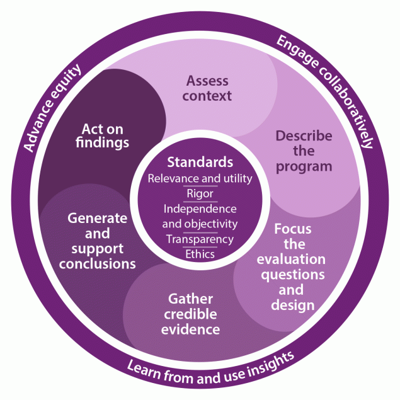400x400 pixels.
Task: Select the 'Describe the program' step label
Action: tap(303, 151)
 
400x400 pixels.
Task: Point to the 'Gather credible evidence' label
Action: tap(190, 313)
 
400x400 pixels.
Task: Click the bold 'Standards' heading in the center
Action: tap(200, 163)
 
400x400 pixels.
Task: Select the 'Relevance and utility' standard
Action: tap(200, 178)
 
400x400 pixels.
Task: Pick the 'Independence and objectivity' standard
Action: tap(200, 215)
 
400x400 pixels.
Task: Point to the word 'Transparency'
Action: tap(200, 239)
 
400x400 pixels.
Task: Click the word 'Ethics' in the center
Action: tap(200, 254)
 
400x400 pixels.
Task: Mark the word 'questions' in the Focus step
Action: tap(293, 274)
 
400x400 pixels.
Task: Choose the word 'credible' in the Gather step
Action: tap(190, 313)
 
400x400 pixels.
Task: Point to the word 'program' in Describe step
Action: tap(304, 166)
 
